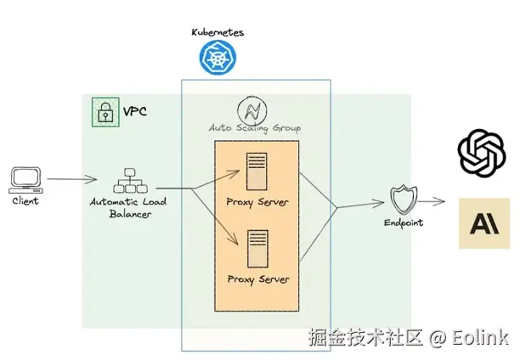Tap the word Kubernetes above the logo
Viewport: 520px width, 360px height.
tap(217, 32)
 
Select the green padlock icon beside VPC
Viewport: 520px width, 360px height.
tap(105, 112)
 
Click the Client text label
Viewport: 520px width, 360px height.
tap(25, 201)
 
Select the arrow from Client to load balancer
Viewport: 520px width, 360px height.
tap(71, 180)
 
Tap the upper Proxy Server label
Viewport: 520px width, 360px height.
tap(257, 202)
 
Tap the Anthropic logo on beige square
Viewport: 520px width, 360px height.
tap(484, 222)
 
